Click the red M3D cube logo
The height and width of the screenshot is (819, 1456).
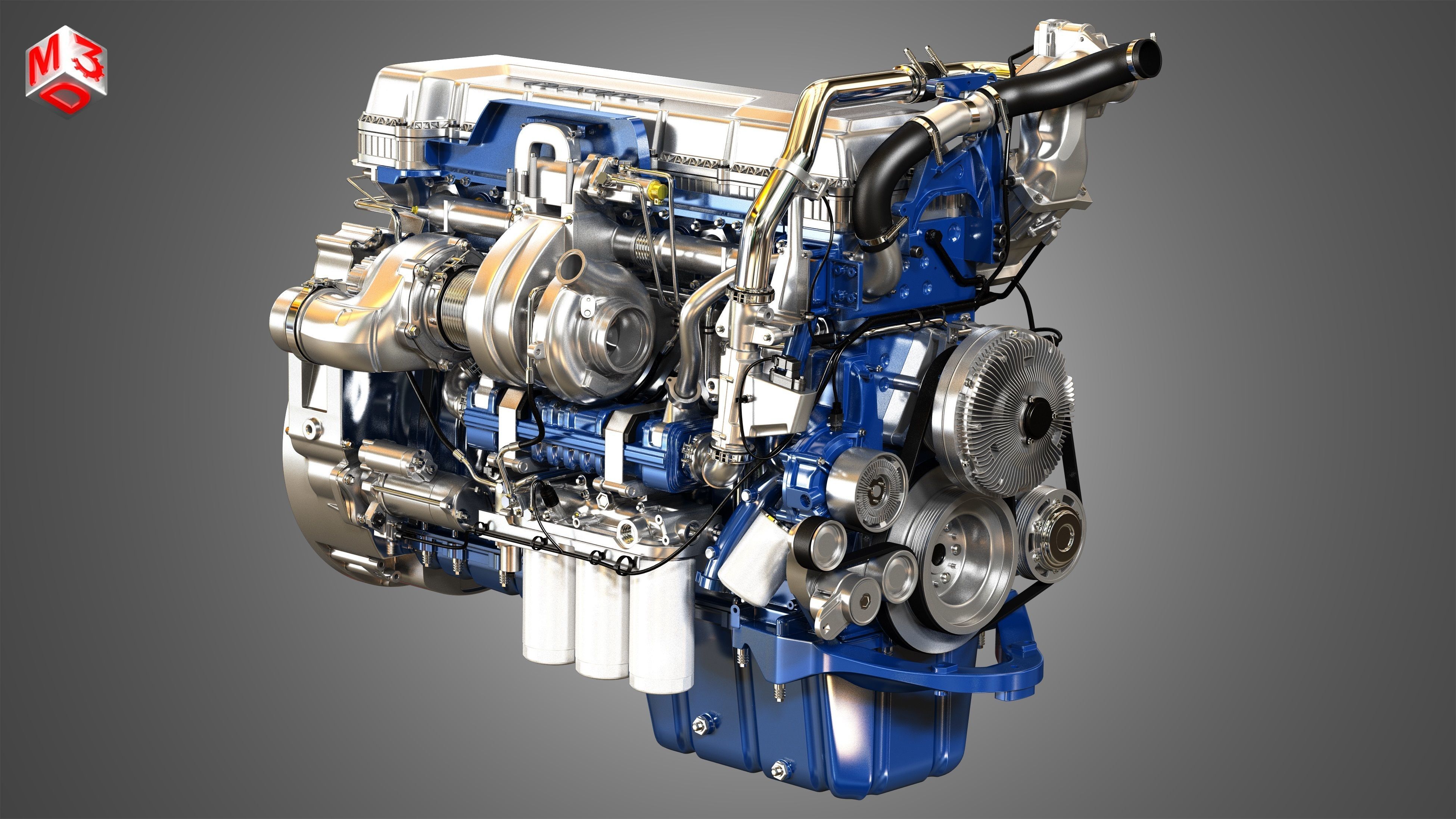[65, 71]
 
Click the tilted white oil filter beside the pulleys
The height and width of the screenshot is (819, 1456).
[755, 559]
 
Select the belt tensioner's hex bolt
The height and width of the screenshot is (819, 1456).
[862, 602]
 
